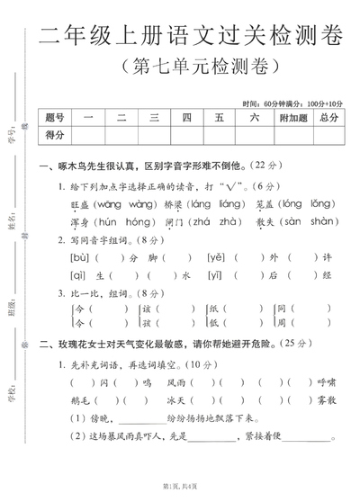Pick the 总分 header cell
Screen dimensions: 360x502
[329, 117]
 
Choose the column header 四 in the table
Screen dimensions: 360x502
[186, 117]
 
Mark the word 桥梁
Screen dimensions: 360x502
[172, 204]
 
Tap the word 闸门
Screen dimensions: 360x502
[175, 221]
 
